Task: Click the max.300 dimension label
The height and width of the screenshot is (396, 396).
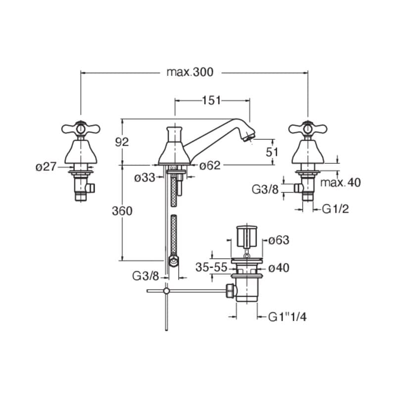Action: point(190,72)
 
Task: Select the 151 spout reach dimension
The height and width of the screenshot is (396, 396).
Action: point(212,100)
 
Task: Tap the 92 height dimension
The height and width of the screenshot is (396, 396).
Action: point(122,142)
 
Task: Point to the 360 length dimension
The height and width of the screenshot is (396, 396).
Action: point(122,211)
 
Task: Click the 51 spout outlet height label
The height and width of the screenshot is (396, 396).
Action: point(272,152)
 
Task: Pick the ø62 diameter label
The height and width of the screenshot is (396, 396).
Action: point(210,166)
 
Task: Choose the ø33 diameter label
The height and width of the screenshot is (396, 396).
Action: point(145,178)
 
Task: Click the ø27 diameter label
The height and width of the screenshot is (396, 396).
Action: point(46,167)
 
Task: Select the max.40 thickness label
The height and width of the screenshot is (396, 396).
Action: point(341,182)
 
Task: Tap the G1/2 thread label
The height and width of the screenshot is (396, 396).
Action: point(336,209)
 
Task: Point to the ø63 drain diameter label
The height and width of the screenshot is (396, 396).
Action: point(279,240)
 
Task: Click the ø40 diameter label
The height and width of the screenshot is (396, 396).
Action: point(279,268)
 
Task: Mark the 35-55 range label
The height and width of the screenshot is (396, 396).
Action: point(211,267)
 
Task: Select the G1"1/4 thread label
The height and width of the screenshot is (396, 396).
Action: point(288,317)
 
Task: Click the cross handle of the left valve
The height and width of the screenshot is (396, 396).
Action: point(81,129)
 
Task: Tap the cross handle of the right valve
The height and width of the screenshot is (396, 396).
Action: point(307,129)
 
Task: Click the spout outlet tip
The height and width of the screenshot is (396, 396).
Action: point(250,138)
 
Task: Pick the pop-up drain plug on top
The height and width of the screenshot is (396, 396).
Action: point(247,235)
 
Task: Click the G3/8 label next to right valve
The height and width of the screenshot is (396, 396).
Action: point(265,189)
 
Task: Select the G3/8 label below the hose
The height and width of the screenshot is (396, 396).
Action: point(146,276)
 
